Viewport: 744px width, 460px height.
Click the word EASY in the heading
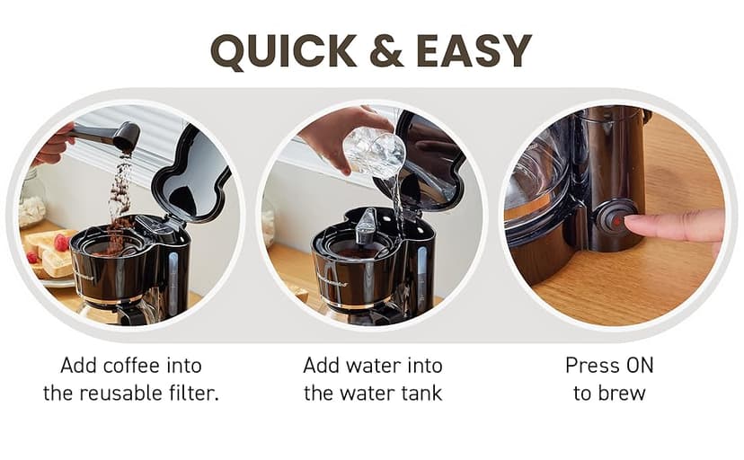tap(474, 51)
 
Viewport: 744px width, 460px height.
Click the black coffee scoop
tap(112, 136)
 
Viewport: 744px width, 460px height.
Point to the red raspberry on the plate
tap(61, 242)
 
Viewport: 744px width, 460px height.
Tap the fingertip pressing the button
tap(639, 224)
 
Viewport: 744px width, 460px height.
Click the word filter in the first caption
tap(196, 393)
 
